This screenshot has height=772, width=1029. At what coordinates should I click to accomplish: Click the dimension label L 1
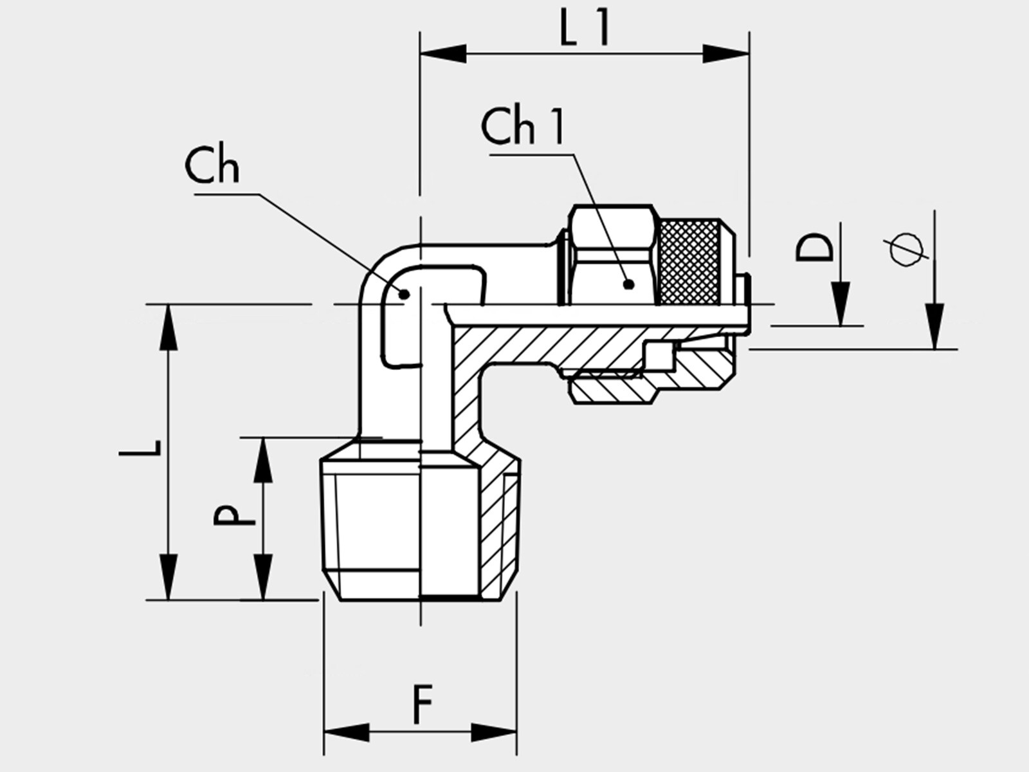click(x=584, y=28)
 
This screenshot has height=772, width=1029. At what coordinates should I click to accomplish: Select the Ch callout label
click(x=212, y=166)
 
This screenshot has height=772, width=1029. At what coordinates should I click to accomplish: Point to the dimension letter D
click(x=815, y=248)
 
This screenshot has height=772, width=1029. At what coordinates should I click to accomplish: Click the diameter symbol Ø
click(x=906, y=250)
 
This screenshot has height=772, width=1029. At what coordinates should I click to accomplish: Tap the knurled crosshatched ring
click(x=689, y=262)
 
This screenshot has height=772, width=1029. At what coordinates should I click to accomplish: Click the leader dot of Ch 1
click(x=629, y=284)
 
